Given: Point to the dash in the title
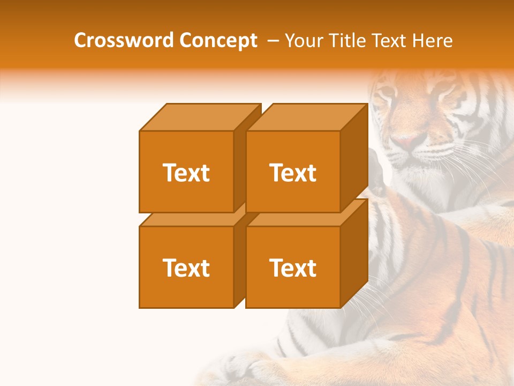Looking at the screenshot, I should click(x=272, y=41).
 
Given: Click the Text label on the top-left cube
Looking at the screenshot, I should click(x=186, y=173).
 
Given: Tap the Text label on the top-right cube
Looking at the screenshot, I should click(x=293, y=173).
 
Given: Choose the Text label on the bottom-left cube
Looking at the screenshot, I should click(x=186, y=268).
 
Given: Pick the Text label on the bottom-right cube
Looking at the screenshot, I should click(x=293, y=268).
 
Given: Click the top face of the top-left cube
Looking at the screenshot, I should click(x=199, y=117).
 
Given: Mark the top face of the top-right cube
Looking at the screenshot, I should click(x=306, y=117).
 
